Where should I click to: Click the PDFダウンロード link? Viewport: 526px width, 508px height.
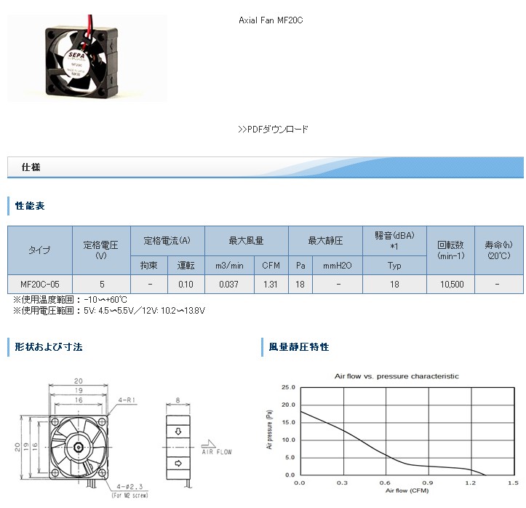[x=273, y=130]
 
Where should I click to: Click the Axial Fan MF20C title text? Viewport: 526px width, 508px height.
[x=271, y=20]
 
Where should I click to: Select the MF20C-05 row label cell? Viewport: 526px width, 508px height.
[x=40, y=285]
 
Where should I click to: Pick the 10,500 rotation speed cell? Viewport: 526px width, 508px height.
[x=451, y=285]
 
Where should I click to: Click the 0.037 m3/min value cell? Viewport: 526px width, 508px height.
[x=230, y=285]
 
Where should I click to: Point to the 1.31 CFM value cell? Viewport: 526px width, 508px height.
[x=271, y=285]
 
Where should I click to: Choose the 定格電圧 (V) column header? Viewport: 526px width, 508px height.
[x=101, y=250]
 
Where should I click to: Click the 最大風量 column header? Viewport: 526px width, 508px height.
[x=246, y=240]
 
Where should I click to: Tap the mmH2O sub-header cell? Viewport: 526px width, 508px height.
[x=338, y=266]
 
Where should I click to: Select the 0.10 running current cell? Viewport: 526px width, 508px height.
[x=186, y=285]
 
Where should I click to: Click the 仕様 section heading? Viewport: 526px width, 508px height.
[x=31, y=167]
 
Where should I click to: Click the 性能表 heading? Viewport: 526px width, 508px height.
[x=31, y=207]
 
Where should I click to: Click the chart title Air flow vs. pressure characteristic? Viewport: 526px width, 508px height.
[x=397, y=376]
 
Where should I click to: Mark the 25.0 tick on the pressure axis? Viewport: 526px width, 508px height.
[x=287, y=387]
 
